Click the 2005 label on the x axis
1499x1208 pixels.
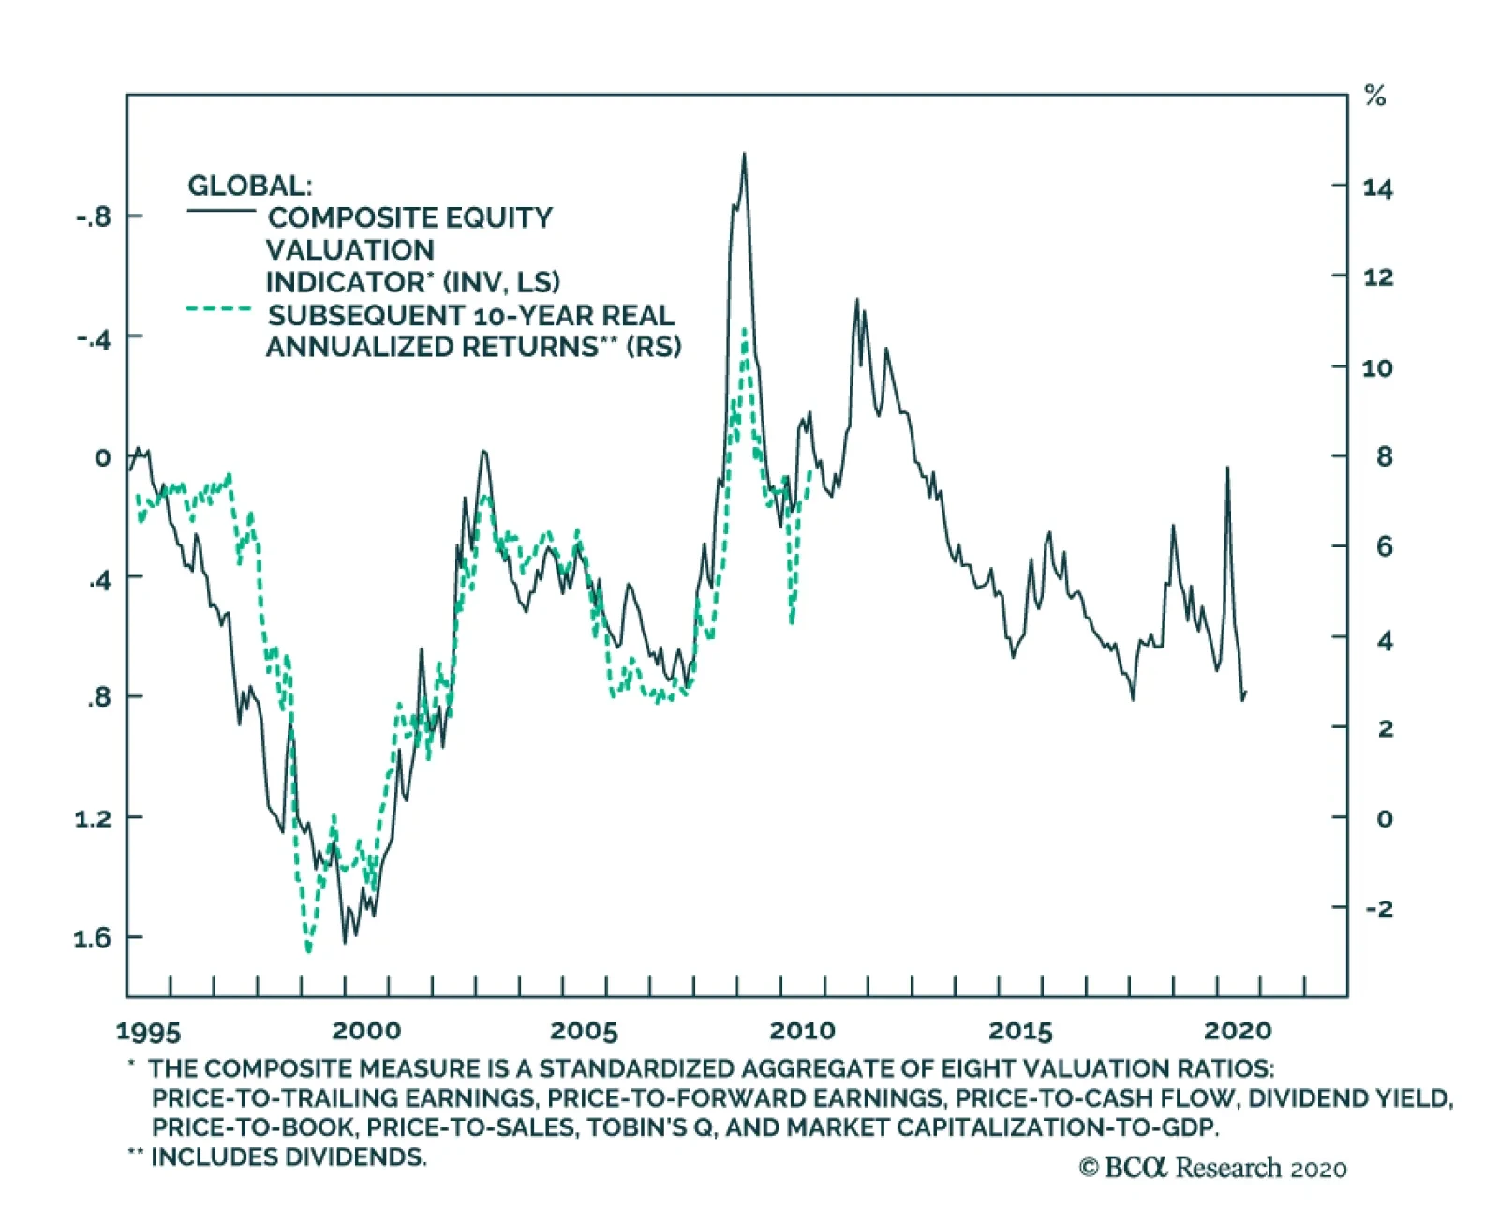(584, 1031)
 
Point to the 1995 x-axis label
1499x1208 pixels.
(148, 1031)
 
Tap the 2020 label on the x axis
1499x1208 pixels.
(1237, 1031)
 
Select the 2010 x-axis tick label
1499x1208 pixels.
(802, 1031)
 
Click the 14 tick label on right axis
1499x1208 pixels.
(1377, 188)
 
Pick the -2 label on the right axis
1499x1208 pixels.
(1378, 908)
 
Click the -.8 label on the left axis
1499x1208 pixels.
(93, 216)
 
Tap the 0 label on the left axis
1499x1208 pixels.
(102, 457)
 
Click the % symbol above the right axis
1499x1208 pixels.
(1374, 96)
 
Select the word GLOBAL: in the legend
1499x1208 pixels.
(249, 186)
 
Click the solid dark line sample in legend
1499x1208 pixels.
(221, 211)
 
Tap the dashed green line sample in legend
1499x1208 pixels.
(219, 308)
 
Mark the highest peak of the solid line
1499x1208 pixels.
(744, 155)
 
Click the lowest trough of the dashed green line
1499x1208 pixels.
(308, 950)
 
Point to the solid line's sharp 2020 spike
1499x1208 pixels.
(1227, 468)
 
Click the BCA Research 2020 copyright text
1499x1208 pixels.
(1212, 1168)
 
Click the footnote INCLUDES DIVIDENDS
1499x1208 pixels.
(289, 1157)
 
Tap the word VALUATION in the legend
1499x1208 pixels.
(350, 250)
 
